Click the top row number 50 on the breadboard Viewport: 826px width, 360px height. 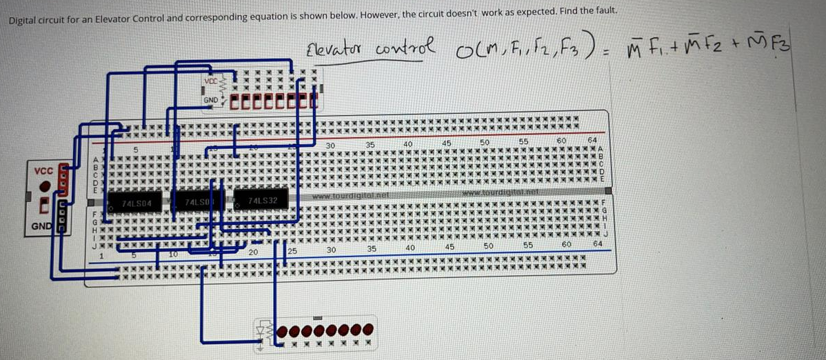(484, 142)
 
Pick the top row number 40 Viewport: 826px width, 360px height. (408, 143)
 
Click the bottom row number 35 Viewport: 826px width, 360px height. (370, 247)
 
